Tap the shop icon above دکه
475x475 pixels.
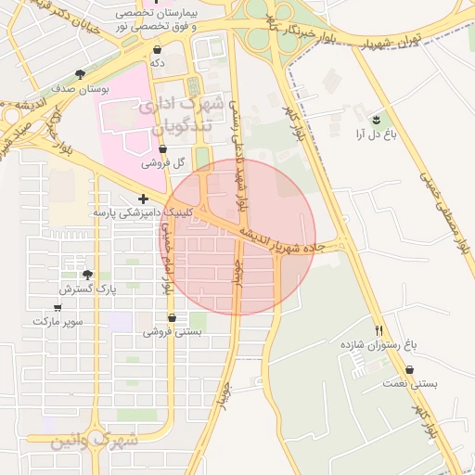158,49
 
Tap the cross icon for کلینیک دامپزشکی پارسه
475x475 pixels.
143,199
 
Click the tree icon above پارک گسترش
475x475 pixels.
87,275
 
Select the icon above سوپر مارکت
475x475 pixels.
58,307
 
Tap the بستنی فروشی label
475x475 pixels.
171,331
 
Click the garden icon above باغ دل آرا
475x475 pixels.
375,120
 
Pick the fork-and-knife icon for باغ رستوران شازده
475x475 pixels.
379,329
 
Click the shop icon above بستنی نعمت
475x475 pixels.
410,369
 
